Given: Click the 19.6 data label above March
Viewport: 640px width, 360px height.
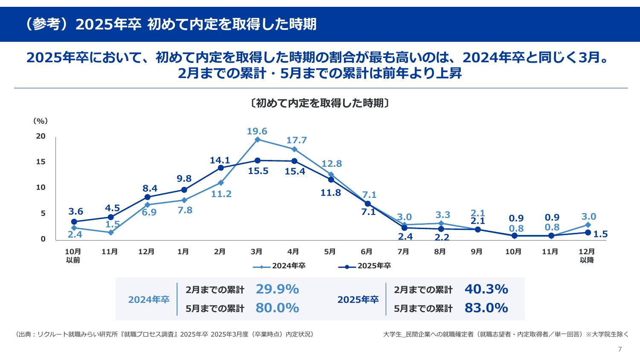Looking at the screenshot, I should pos(257,131).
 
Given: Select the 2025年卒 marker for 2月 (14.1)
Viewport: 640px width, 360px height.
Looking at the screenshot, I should pos(221,168).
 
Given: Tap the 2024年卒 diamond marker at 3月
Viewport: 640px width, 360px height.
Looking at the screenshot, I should pos(257,139).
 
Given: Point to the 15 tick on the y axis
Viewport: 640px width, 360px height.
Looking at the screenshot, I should pos(41,162).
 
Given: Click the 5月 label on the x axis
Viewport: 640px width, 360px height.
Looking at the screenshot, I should pos(330,252).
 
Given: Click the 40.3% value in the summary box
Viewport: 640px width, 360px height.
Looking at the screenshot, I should pos(486,289).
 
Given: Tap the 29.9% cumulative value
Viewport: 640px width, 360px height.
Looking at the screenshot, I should pos(277,289).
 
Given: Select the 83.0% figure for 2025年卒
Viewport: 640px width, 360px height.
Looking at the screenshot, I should pos(486,308).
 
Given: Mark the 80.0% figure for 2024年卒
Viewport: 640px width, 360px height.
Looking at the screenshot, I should pos(277,308).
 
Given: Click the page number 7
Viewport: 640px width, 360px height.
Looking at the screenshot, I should pos(620,349).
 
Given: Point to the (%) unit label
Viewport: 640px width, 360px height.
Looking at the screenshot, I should pos(41,121).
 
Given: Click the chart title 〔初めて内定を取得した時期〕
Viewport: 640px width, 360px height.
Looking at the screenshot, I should pos(320,103).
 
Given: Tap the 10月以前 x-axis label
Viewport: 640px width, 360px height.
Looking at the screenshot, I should pos(73,255).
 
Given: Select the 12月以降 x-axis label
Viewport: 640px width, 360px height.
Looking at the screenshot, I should pos(587,255).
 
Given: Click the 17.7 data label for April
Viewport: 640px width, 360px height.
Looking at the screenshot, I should pos(297,140).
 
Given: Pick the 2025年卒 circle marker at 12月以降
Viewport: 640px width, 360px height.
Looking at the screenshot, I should pos(588,232).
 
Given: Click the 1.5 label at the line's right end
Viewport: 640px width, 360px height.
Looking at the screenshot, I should pos(600,234).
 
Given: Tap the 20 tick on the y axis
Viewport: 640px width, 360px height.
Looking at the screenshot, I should pos(41,136).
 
